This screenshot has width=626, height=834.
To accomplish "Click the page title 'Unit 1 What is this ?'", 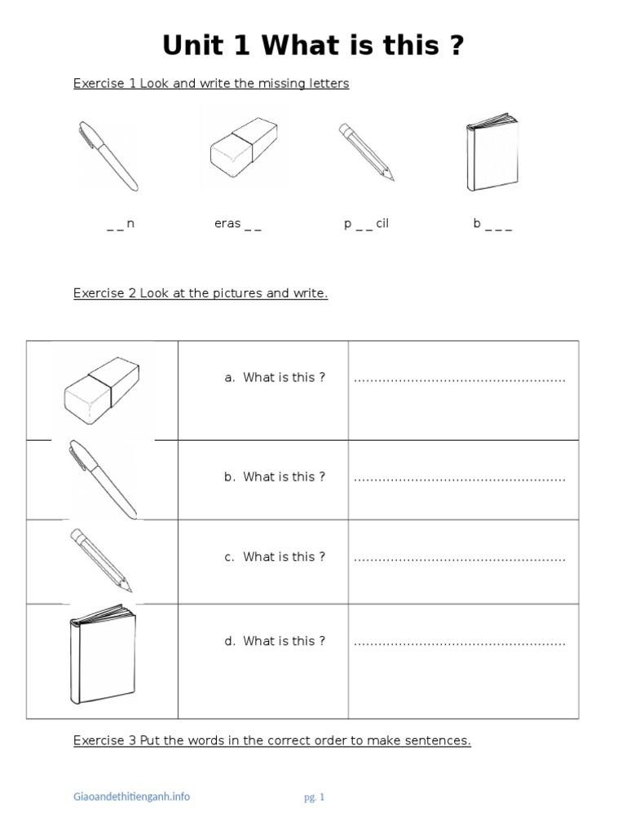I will click(313, 46).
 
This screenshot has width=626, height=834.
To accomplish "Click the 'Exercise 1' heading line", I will click(211, 84).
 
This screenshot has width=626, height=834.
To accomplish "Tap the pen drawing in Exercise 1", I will click(108, 156).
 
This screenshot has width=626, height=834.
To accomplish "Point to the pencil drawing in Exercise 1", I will click(366, 151).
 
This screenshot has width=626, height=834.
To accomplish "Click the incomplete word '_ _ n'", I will click(120, 224).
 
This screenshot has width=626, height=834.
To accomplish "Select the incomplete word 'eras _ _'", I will click(237, 224).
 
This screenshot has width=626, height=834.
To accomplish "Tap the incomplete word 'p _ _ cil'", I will click(366, 224).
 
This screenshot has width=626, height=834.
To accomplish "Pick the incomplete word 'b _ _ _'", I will click(492, 224).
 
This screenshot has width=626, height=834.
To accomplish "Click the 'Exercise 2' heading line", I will click(201, 293).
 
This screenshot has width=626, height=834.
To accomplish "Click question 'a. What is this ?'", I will click(275, 378).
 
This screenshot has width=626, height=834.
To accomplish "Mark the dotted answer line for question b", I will click(459, 478).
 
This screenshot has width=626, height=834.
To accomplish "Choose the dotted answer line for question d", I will click(459, 643).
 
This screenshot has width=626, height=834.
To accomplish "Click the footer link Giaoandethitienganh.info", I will click(131, 797).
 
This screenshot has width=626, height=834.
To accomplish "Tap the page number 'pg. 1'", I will click(313, 797).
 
